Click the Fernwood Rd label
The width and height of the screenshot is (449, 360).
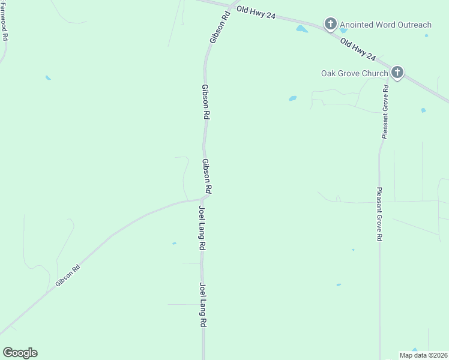point(5,20)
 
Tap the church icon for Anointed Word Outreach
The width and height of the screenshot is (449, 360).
point(330,24)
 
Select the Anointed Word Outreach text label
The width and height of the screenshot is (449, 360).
point(385,25)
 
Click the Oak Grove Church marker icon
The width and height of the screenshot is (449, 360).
point(397,73)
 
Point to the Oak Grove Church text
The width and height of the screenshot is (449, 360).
point(354,74)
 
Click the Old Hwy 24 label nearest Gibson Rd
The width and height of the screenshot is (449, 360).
point(256,13)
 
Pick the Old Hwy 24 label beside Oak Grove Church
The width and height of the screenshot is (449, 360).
point(358,50)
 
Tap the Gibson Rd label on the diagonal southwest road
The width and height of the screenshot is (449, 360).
point(68,275)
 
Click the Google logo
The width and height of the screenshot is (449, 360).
point(20,353)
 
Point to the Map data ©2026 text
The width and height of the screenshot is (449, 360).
point(424,355)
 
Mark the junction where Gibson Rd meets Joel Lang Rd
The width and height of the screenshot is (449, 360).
point(205,197)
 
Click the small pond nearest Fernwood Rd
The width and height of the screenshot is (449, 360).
point(48,78)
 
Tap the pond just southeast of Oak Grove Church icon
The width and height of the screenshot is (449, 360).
point(423,110)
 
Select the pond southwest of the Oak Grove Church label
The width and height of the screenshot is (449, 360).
point(293,98)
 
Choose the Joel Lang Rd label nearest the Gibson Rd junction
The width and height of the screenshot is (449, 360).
point(203,229)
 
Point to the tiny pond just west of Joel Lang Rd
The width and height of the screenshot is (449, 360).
point(174,243)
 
